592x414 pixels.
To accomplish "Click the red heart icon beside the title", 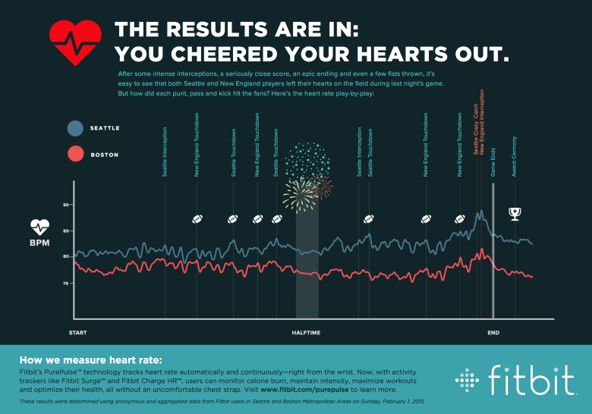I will pyautogui.click(x=74, y=41).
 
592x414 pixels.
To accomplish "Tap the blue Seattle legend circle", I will pyautogui.click(x=75, y=128).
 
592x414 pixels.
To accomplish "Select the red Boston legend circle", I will pyautogui.click(x=75, y=155).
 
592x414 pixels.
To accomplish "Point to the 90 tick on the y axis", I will pyautogui.click(x=66, y=205).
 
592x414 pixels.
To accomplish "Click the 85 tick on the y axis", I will pyautogui.click(x=66, y=231).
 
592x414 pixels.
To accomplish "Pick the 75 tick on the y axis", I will pyautogui.click(x=66, y=283).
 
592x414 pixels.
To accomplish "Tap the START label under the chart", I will pyautogui.click(x=77, y=333).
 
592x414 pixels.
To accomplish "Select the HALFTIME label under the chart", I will pyautogui.click(x=306, y=333).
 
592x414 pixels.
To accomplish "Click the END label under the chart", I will pyautogui.click(x=493, y=333).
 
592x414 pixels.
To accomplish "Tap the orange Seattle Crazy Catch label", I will pyautogui.click(x=476, y=133).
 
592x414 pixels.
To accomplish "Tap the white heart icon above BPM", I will pyautogui.click(x=39, y=226).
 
